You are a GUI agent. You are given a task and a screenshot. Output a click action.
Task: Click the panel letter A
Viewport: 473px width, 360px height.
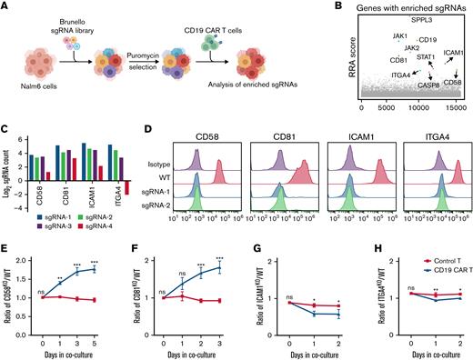[x=6, y=7]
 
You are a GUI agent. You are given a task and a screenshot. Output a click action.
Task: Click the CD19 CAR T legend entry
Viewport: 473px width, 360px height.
[x=430, y=265]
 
